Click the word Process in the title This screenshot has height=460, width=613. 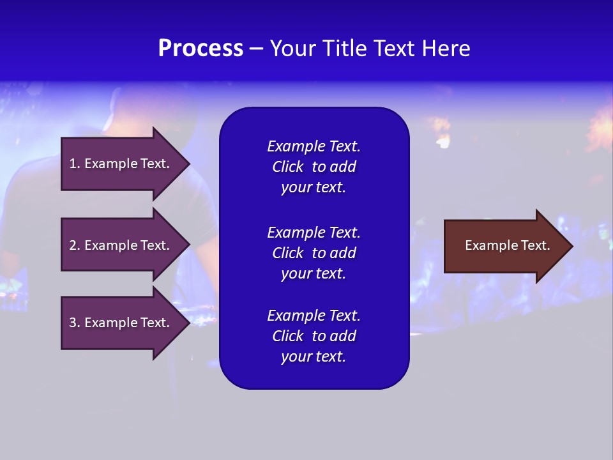201,49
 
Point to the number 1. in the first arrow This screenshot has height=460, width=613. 75,164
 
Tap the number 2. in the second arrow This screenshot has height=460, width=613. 75,245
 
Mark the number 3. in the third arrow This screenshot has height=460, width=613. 75,323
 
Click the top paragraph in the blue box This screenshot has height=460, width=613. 314,167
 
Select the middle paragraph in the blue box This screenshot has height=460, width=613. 314,253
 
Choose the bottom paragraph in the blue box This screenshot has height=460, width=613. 314,336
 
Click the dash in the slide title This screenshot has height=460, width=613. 256,49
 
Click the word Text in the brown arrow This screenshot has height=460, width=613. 536,245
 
